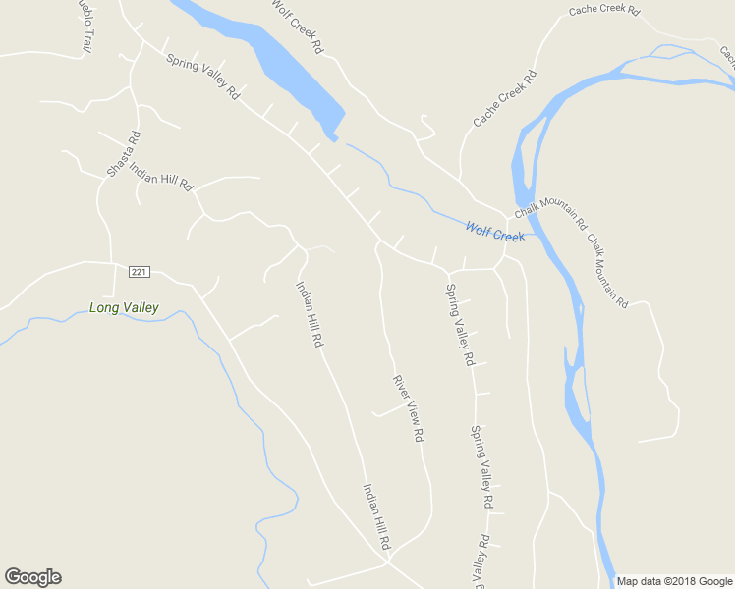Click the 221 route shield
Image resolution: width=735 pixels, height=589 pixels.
coord(138,271)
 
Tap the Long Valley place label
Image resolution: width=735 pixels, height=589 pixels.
coord(124,308)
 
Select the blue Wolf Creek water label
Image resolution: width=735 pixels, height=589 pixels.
coord(495,232)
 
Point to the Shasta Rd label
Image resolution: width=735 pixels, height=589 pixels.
coord(124,154)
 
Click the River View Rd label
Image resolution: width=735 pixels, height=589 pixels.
coord(408,407)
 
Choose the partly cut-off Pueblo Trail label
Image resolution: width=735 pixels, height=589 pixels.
coord(86,24)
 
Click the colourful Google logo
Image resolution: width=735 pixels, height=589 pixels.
coord(32,577)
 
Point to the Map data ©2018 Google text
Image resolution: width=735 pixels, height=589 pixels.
coord(675,581)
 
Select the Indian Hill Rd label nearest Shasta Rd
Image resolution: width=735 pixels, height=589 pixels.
coord(161,177)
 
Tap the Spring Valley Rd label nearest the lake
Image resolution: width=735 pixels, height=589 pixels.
coord(203,77)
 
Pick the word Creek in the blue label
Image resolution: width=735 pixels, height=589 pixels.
coord(510,235)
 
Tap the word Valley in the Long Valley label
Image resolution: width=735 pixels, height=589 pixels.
coord(141,308)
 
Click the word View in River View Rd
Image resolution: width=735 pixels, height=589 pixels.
coord(410,411)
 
